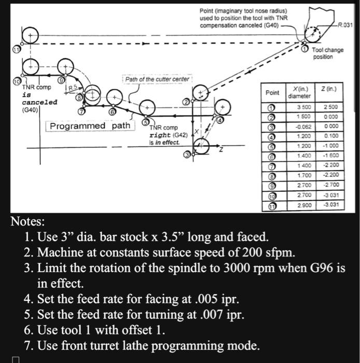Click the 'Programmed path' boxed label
(x=90, y=126)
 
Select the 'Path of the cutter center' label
(x=157, y=79)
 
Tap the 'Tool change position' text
(x=328, y=53)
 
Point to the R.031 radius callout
(x=344, y=24)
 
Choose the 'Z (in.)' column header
(x=330, y=90)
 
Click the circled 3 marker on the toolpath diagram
(x=186, y=155)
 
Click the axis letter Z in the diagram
(x=222, y=150)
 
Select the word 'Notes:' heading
(x=28, y=222)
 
